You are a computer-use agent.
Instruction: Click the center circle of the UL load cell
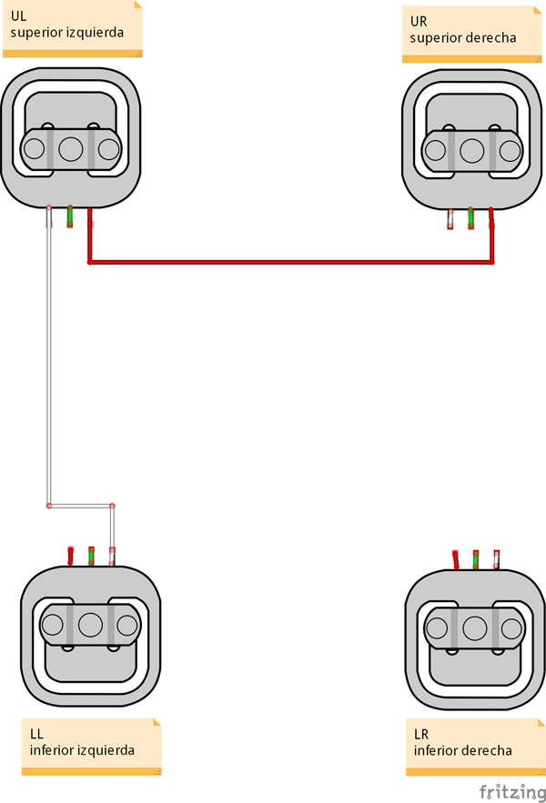click(71, 148)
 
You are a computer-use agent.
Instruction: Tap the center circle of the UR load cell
click(471, 150)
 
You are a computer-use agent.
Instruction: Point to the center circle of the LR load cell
click(475, 628)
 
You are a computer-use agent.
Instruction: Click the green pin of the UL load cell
click(70, 216)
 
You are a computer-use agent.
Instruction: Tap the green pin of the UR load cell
click(470, 218)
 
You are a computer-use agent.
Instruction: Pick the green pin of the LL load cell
click(91, 556)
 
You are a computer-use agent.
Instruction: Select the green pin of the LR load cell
click(476, 558)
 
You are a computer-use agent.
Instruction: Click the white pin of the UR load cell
click(450, 219)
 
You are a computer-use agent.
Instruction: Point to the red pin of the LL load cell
click(70, 556)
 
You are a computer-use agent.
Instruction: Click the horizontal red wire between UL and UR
click(291, 263)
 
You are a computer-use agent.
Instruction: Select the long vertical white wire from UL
click(48, 364)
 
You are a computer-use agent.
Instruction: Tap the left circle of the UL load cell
click(34, 149)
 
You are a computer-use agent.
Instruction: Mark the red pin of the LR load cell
click(455, 558)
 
